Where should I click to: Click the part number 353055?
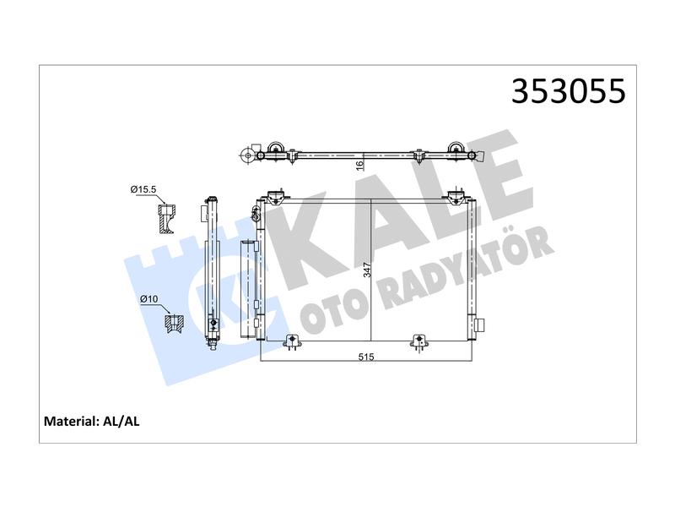[x=568, y=91]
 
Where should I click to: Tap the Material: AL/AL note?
[x=92, y=421]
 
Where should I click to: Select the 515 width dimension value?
[x=366, y=357]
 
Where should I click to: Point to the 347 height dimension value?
[x=367, y=270]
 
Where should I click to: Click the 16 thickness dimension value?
[x=360, y=164]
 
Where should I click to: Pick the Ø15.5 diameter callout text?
[x=143, y=188]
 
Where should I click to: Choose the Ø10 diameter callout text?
[x=149, y=299]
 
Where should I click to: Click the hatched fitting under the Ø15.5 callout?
[x=167, y=219]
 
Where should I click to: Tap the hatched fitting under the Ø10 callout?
[x=175, y=324]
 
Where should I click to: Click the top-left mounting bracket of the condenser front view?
[x=276, y=198]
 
